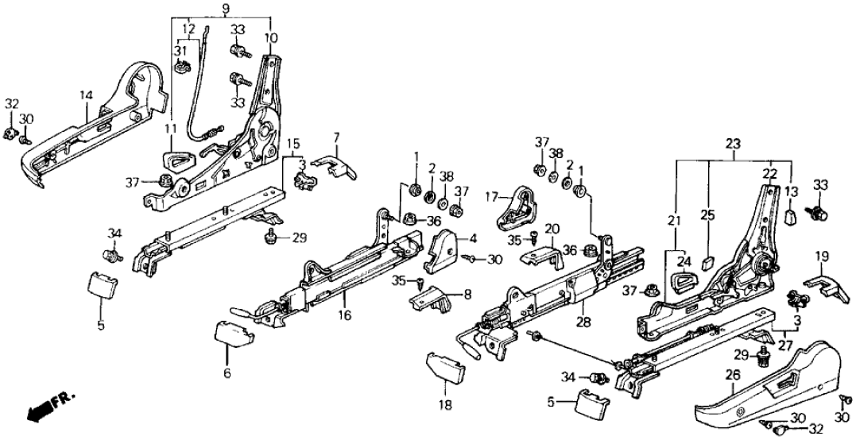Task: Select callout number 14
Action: (87, 95)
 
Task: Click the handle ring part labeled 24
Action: (683, 281)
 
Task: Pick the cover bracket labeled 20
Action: (544, 255)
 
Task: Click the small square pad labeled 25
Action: (708, 261)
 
